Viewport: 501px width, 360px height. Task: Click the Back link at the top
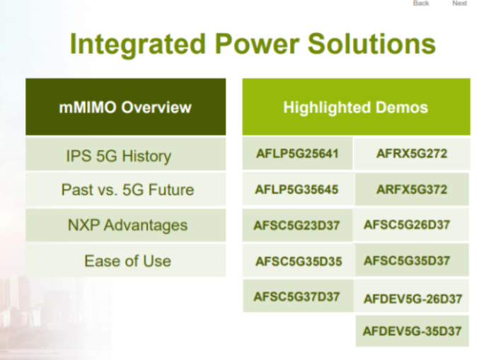point(422,4)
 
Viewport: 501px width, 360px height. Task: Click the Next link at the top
point(459,4)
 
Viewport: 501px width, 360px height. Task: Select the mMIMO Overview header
point(125,108)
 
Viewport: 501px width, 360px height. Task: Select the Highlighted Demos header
point(355,108)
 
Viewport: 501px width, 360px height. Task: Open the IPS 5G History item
point(125,155)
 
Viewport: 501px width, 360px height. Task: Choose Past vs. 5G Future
point(125,190)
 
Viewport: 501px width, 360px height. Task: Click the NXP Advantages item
point(125,226)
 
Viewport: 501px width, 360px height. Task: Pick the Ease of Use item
point(125,260)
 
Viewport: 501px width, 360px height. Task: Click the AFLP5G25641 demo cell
point(297,154)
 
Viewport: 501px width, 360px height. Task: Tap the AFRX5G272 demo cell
point(411,154)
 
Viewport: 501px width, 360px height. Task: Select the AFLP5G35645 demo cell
point(297,190)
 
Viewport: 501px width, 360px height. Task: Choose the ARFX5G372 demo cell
point(411,190)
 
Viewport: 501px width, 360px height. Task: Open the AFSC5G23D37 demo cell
point(297,226)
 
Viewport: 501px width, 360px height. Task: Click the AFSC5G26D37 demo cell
point(411,225)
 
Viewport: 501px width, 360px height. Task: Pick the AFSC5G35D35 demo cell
point(297,262)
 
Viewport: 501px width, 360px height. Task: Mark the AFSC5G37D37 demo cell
point(297,296)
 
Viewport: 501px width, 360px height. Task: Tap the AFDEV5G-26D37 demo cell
point(411,298)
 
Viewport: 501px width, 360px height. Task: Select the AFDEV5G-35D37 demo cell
point(411,330)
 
